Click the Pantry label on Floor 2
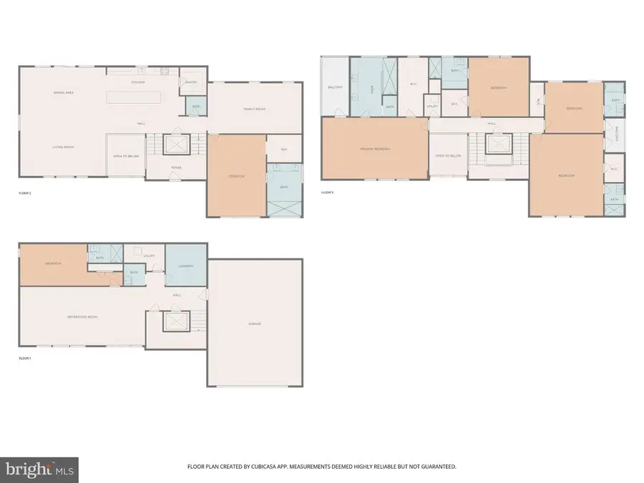click(190, 82)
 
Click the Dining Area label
click(64, 93)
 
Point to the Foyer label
click(176, 168)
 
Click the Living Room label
click(63, 147)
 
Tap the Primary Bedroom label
click(375, 149)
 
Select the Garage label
click(255, 324)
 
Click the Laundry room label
click(185, 266)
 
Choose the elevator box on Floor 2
click(175, 145)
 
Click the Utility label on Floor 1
click(149, 255)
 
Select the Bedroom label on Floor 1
click(54, 263)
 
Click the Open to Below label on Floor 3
click(448, 155)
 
